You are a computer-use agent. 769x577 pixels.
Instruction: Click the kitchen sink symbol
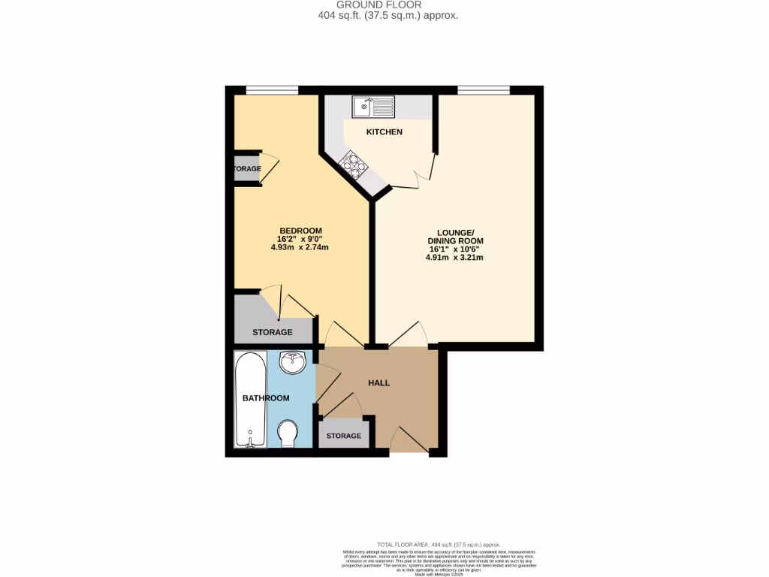(372, 107)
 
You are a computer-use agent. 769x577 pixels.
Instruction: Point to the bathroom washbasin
(291, 363)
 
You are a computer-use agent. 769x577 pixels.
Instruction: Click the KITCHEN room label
(384, 132)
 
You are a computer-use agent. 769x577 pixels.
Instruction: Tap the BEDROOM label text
(300, 231)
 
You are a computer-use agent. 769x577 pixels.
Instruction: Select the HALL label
(378, 383)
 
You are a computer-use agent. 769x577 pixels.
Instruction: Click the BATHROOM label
(265, 398)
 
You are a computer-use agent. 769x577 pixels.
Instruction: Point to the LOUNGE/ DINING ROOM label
(454, 236)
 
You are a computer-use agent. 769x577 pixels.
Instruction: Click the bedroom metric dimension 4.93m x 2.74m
(300, 247)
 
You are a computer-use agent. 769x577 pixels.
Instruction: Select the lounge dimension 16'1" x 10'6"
(454, 249)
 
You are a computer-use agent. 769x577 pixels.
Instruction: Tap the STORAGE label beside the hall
(343, 436)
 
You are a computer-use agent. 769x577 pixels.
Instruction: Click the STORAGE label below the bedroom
(272, 332)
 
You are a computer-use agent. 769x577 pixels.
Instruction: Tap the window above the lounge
(484, 89)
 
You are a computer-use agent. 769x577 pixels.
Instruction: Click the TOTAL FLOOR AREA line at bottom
(439, 544)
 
